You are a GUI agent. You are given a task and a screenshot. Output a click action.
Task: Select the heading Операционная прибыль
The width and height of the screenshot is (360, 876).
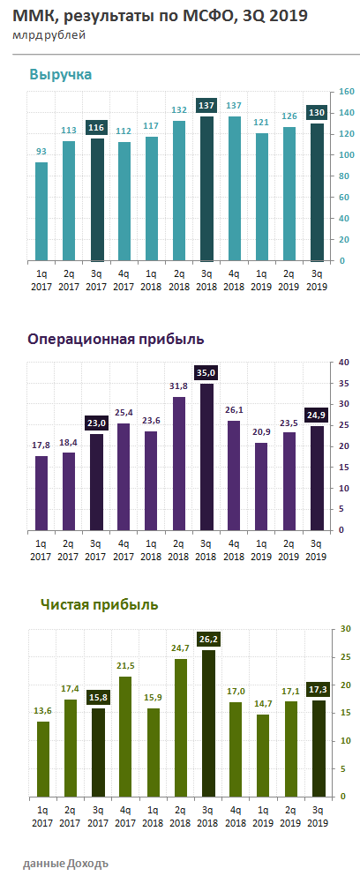(x=116, y=339)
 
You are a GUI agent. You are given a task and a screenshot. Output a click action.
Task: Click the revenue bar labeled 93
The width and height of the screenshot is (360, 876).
(x=41, y=212)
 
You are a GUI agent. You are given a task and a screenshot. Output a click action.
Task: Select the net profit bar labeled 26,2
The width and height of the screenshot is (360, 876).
(x=206, y=723)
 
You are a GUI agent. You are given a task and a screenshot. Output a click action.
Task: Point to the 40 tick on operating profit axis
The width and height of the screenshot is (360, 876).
(x=344, y=363)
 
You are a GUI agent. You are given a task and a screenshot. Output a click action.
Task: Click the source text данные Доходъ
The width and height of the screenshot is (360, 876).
(x=67, y=860)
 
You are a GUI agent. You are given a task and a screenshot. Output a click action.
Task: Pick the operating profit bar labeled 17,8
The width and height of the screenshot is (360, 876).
(x=41, y=493)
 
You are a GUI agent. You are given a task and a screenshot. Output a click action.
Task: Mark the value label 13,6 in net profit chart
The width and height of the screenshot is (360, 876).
(x=41, y=710)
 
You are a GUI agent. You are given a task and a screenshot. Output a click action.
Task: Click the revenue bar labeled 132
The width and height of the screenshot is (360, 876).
(x=179, y=191)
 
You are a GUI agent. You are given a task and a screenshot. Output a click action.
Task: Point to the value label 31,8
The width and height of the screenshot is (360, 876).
(x=179, y=386)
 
